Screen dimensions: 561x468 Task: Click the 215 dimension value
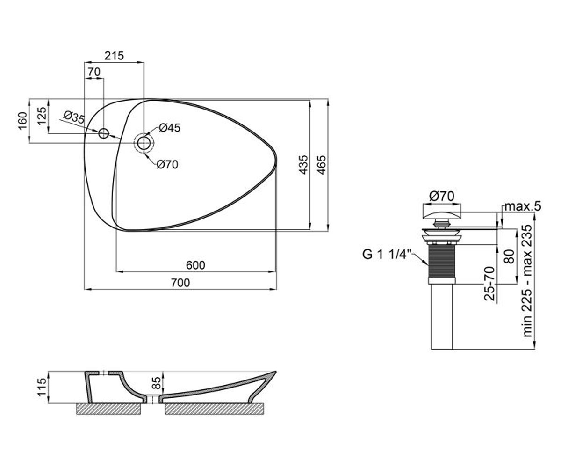(114, 56)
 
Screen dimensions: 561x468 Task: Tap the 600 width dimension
(195, 265)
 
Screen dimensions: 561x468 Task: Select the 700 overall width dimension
(180, 283)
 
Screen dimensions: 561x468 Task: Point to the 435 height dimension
(303, 165)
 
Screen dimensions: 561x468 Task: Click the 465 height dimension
(321, 165)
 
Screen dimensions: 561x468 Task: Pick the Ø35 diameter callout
(74, 117)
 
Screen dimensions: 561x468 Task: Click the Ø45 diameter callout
(170, 128)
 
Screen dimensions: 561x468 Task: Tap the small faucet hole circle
(103, 133)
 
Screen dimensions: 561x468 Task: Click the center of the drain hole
(144, 143)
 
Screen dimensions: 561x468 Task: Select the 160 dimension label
(23, 121)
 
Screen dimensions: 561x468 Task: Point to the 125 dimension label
(42, 116)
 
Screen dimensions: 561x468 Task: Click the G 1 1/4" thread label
(387, 254)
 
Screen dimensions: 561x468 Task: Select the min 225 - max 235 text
(527, 281)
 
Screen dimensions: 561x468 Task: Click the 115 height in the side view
(42, 387)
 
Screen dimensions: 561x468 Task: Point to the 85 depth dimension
(156, 383)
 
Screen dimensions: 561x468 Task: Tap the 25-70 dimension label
(489, 284)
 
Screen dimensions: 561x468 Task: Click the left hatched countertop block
(108, 409)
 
